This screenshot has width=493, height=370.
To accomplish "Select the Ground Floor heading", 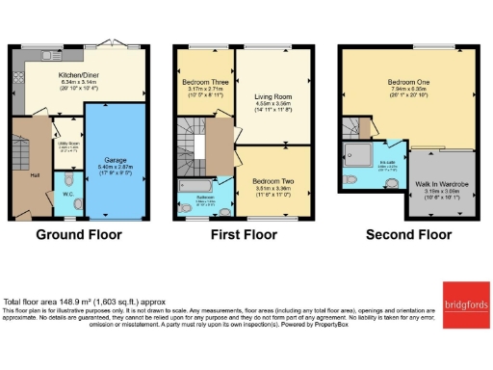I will click(79, 234).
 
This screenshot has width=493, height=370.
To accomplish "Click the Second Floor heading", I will click(408, 234).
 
